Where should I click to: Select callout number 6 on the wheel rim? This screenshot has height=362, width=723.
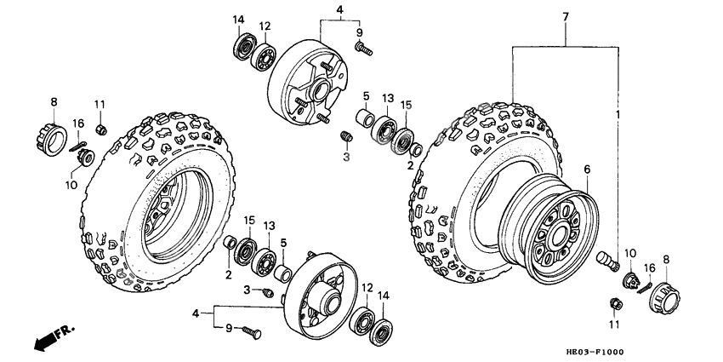click(x=585, y=170)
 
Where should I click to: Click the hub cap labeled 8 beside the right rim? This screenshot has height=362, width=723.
click(x=667, y=296)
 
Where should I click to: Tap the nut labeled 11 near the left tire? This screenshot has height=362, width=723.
click(x=100, y=129)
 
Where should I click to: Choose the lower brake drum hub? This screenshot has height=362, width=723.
click(x=319, y=290)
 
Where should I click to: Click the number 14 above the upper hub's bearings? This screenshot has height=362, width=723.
click(x=238, y=20)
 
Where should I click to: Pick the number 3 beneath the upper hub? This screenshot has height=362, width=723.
click(x=346, y=158)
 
